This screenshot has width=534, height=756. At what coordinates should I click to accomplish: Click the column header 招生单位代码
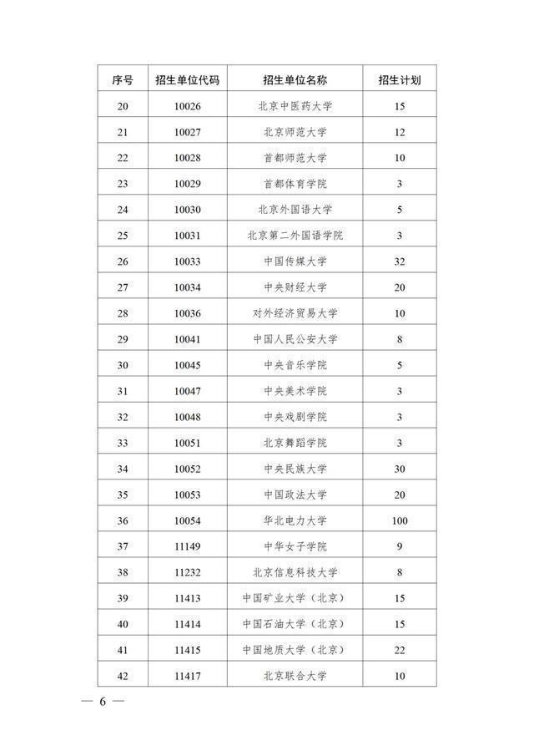pyautogui.click(x=188, y=80)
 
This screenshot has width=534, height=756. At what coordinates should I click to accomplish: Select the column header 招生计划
pyautogui.click(x=399, y=80)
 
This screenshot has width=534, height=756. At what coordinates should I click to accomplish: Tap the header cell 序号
pyautogui.click(x=123, y=80)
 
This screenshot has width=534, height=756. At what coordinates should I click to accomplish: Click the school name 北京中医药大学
pyautogui.click(x=295, y=106)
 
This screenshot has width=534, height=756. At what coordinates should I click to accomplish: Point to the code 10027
pyautogui.click(x=188, y=132)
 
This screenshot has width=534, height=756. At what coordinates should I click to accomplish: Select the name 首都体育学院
pyautogui.click(x=295, y=184)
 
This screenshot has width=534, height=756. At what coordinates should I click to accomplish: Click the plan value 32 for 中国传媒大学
pyautogui.click(x=399, y=261)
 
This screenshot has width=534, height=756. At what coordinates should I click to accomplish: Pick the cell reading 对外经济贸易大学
pyautogui.click(x=295, y=313)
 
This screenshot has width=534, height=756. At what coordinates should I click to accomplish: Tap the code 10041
pyautogui.click(x=188, y=339)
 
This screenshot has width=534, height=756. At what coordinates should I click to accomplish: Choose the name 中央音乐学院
pyautogui.click(x=295, y=365)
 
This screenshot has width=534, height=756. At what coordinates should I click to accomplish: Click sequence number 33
pyautogui.click(x=123, y=443)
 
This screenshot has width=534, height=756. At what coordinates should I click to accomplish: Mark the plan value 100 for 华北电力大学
pyautogui.click(x=399, y=520)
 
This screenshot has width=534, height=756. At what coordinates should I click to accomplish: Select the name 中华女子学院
pyautogui.click(x=295, y=546)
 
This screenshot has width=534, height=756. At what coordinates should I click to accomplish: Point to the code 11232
pyautogui.click(x=188, y=572)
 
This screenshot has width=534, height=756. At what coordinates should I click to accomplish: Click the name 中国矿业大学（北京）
pyautogui.click(x=295, y=598)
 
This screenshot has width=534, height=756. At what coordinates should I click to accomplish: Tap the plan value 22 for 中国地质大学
pyautogui.click(x=399, y=650)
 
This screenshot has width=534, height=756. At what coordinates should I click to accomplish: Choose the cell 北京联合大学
pyautogui.click(x=295, y=676)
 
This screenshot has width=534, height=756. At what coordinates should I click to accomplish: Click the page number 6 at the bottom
pyautogui.click(x=103, y=702)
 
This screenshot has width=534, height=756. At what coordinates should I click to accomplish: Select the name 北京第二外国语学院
pyautogui.click(x=295, y=236)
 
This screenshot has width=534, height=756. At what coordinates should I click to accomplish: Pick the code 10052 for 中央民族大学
pyautogui.click(x=188, y=469)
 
